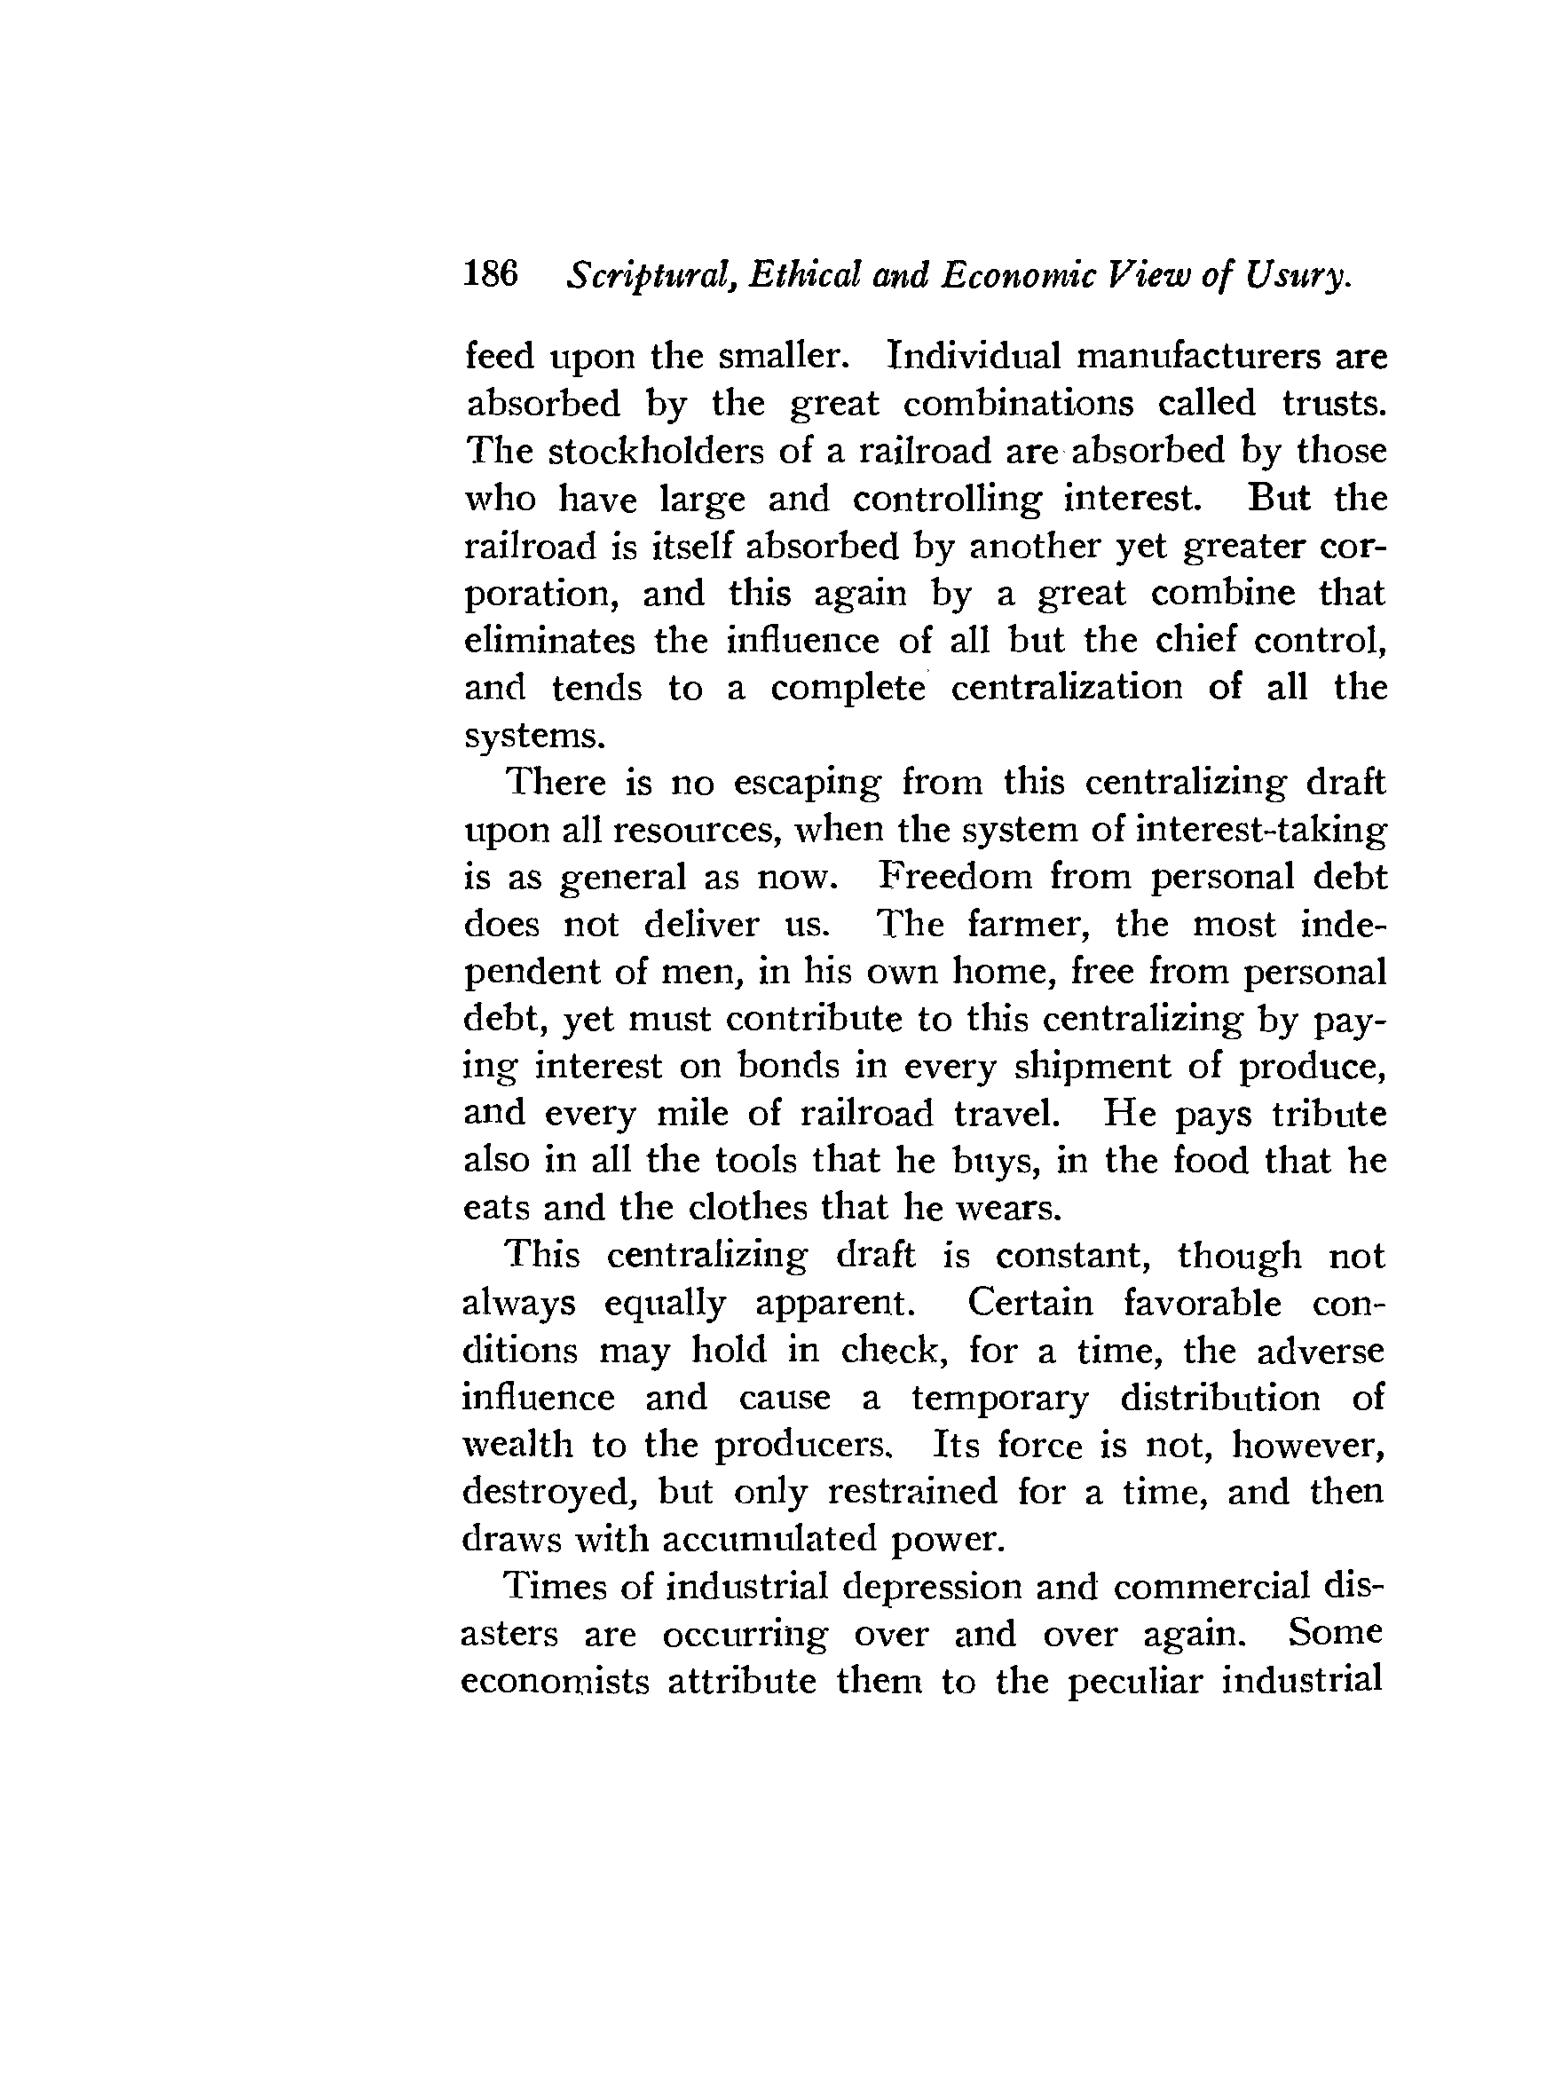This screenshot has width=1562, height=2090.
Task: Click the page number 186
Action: [492, 274]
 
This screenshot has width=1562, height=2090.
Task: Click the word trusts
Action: [1333, 404]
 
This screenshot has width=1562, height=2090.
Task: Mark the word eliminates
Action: [549, 641]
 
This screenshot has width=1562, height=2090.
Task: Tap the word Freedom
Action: [957, 877]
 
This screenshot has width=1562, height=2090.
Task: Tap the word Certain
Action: [1030, 1303]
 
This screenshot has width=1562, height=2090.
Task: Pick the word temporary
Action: [998, 1398]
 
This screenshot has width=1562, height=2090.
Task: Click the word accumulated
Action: [770, 1539]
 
